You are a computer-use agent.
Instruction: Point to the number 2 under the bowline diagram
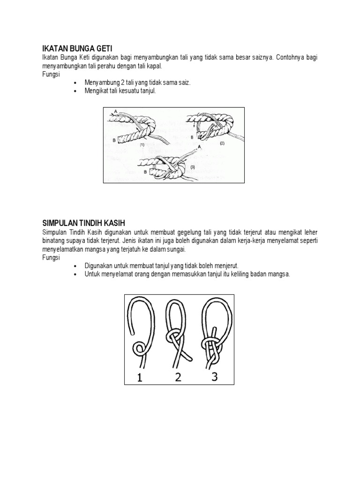click(178, 377)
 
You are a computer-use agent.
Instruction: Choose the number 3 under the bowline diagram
click(214, 376)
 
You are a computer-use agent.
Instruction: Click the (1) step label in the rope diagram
click(141, 145)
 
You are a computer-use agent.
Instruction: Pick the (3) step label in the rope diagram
click(192, 166)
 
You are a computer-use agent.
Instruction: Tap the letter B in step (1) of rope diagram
click(114, 140)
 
